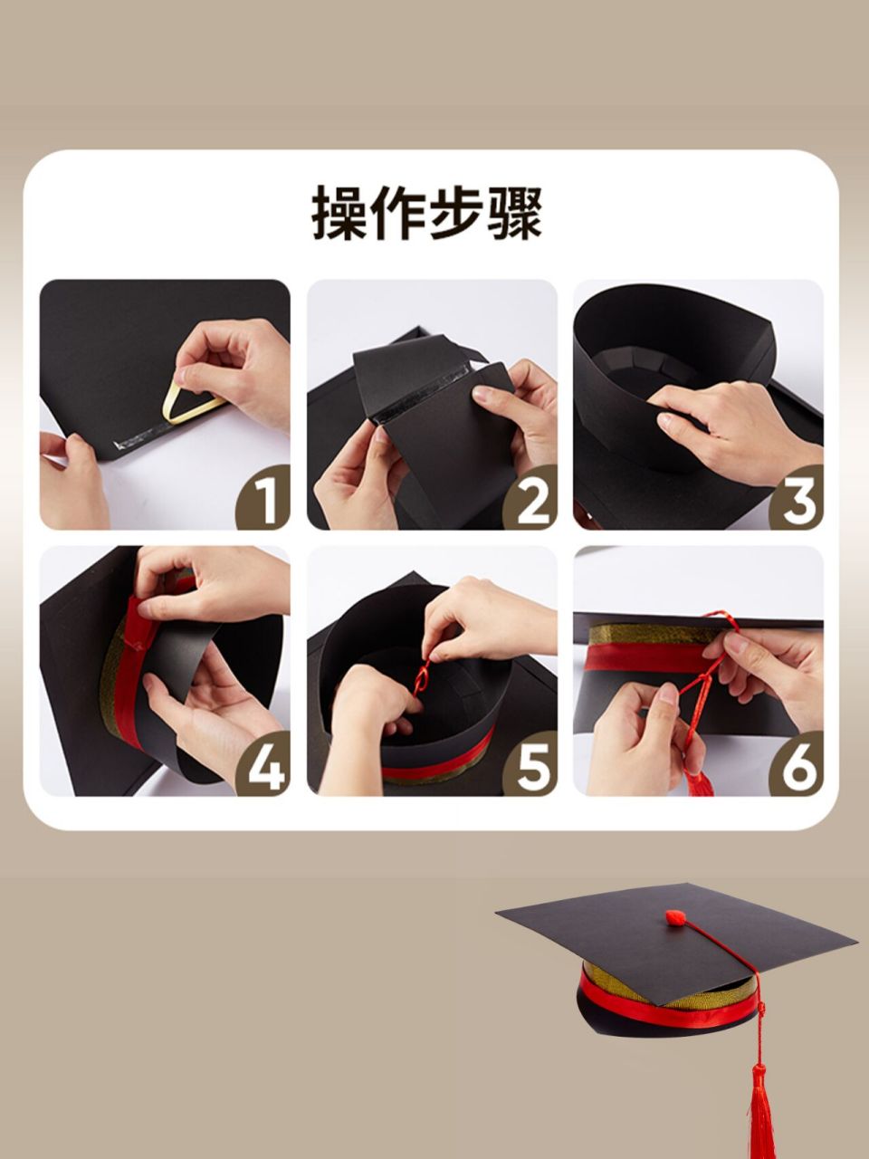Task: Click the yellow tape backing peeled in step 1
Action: pyautogui.click(x=190, y=404)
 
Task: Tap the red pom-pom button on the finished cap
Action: pyautogui.click(x=677, y=918)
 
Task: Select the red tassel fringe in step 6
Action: pyautogui.click(x=699, y=781)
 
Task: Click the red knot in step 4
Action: pyautogui.click(x=136, y=643)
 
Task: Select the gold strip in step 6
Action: pyautogui.click(x=643, y=634)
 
